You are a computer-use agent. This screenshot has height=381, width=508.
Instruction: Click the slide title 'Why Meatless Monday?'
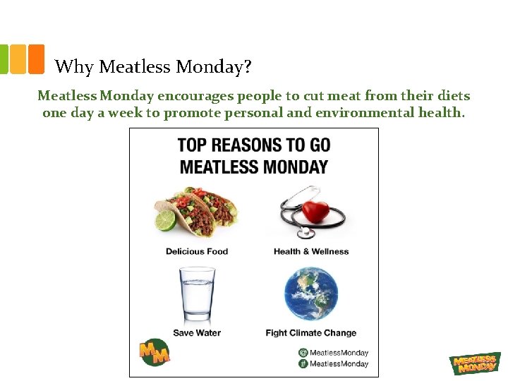click(153, 67)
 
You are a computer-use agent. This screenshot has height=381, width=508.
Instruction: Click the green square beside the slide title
click(4, 59)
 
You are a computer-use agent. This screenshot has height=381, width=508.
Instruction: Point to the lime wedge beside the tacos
click(165, 221)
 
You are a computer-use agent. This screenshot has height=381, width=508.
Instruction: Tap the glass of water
click(197, 294)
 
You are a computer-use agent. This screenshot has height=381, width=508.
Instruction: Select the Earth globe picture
click(310, 294)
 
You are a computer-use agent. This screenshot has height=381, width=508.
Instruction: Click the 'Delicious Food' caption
click(197, 251)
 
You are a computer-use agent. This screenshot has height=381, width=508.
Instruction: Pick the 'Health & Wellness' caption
click(311, 251)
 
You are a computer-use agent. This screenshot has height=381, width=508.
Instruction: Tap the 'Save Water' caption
click(197, 333)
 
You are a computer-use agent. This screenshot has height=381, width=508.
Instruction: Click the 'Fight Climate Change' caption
click(311, 333)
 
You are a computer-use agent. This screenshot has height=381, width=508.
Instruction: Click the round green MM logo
click(155, 352)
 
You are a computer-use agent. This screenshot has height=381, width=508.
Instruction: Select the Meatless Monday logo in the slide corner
click(475, 363)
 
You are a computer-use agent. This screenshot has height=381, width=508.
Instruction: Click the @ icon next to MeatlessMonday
click(303, 353)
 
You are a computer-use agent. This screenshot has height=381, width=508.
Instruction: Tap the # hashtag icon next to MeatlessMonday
click(303, 363)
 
